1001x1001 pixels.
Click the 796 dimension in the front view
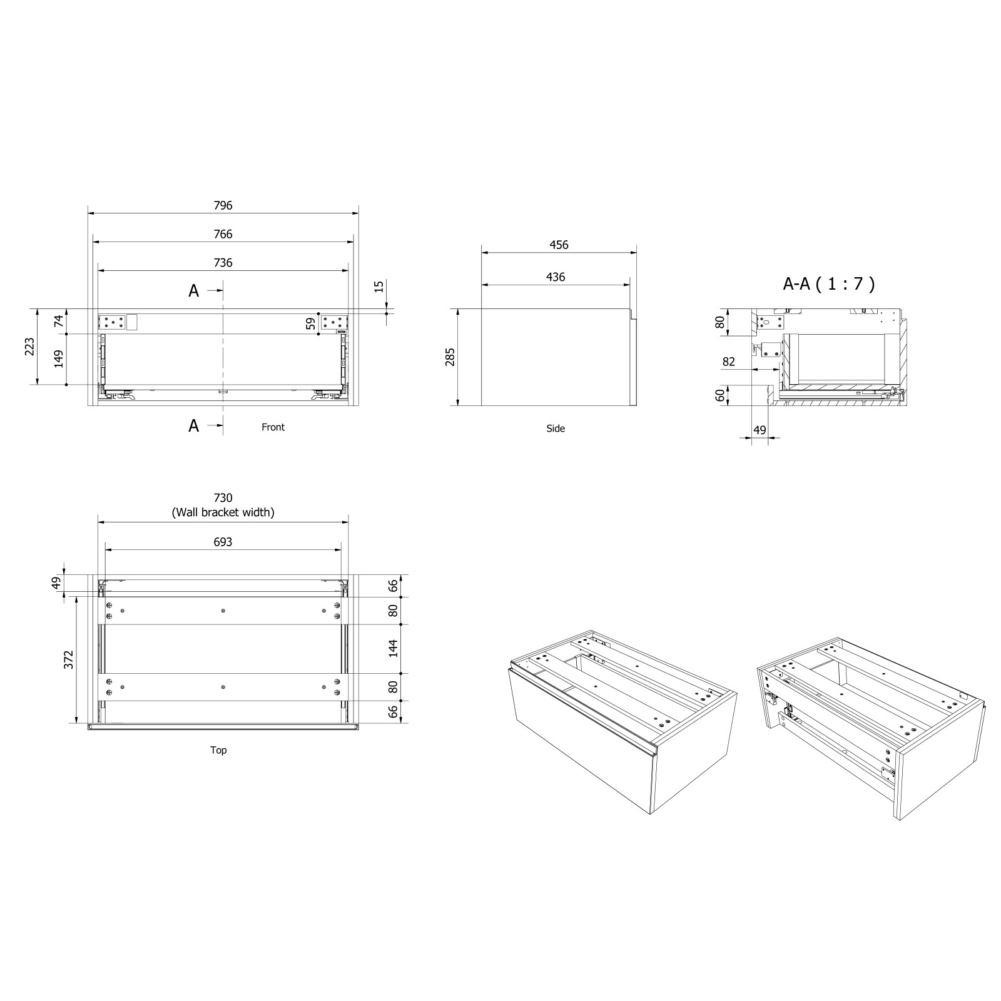tap(223, 205)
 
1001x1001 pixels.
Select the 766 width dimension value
tap(223, 234)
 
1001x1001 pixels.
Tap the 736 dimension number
tap(223, 263)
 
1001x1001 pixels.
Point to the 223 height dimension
tap(29, 347)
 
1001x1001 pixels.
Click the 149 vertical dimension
tap(59, 359)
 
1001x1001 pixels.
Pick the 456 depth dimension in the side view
tap(559, 245)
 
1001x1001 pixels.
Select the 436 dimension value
tap(556, 277)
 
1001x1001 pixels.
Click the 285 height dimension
tap(450, 357)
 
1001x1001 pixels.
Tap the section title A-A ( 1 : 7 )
tap(829, 284)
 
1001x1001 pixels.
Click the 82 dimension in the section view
tap(728, 362)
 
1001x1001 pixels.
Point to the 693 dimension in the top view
tap(223, 542)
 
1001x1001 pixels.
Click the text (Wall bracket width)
tap(223, 512)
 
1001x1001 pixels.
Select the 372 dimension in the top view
tap(69, 659)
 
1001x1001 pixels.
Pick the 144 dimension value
tap(394, 648)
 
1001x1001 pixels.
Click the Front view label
tap(273, 427)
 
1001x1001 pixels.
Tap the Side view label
tap(555, 429)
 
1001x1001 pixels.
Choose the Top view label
tap(218, 750)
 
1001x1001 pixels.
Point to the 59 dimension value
tap(310, 323)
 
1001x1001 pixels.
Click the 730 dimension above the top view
tap(223, 498)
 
